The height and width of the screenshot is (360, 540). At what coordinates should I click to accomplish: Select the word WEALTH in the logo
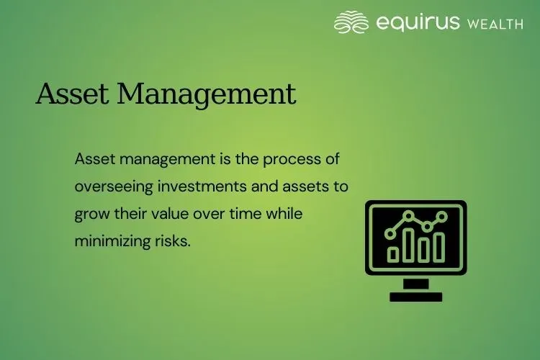(x=495, y=24)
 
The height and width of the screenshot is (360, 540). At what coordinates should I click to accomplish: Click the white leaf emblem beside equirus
(x=352, y=22)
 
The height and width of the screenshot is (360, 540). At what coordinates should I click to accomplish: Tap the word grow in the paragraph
(x=90, y=215)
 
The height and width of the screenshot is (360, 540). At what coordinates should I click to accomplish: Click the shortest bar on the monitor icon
(x=393, y=254)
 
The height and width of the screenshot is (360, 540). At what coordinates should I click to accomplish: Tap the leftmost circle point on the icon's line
(x=391, y=233)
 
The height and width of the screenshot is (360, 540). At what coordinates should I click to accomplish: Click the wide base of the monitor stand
(x=416, y=296)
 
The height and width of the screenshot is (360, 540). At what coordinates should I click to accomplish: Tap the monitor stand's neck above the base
(x=416, y=284)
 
